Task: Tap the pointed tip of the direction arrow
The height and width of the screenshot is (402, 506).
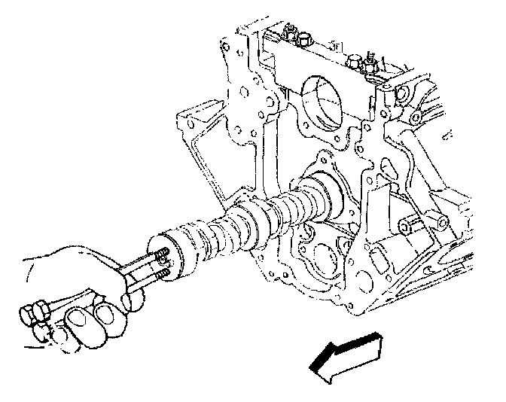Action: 313,368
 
